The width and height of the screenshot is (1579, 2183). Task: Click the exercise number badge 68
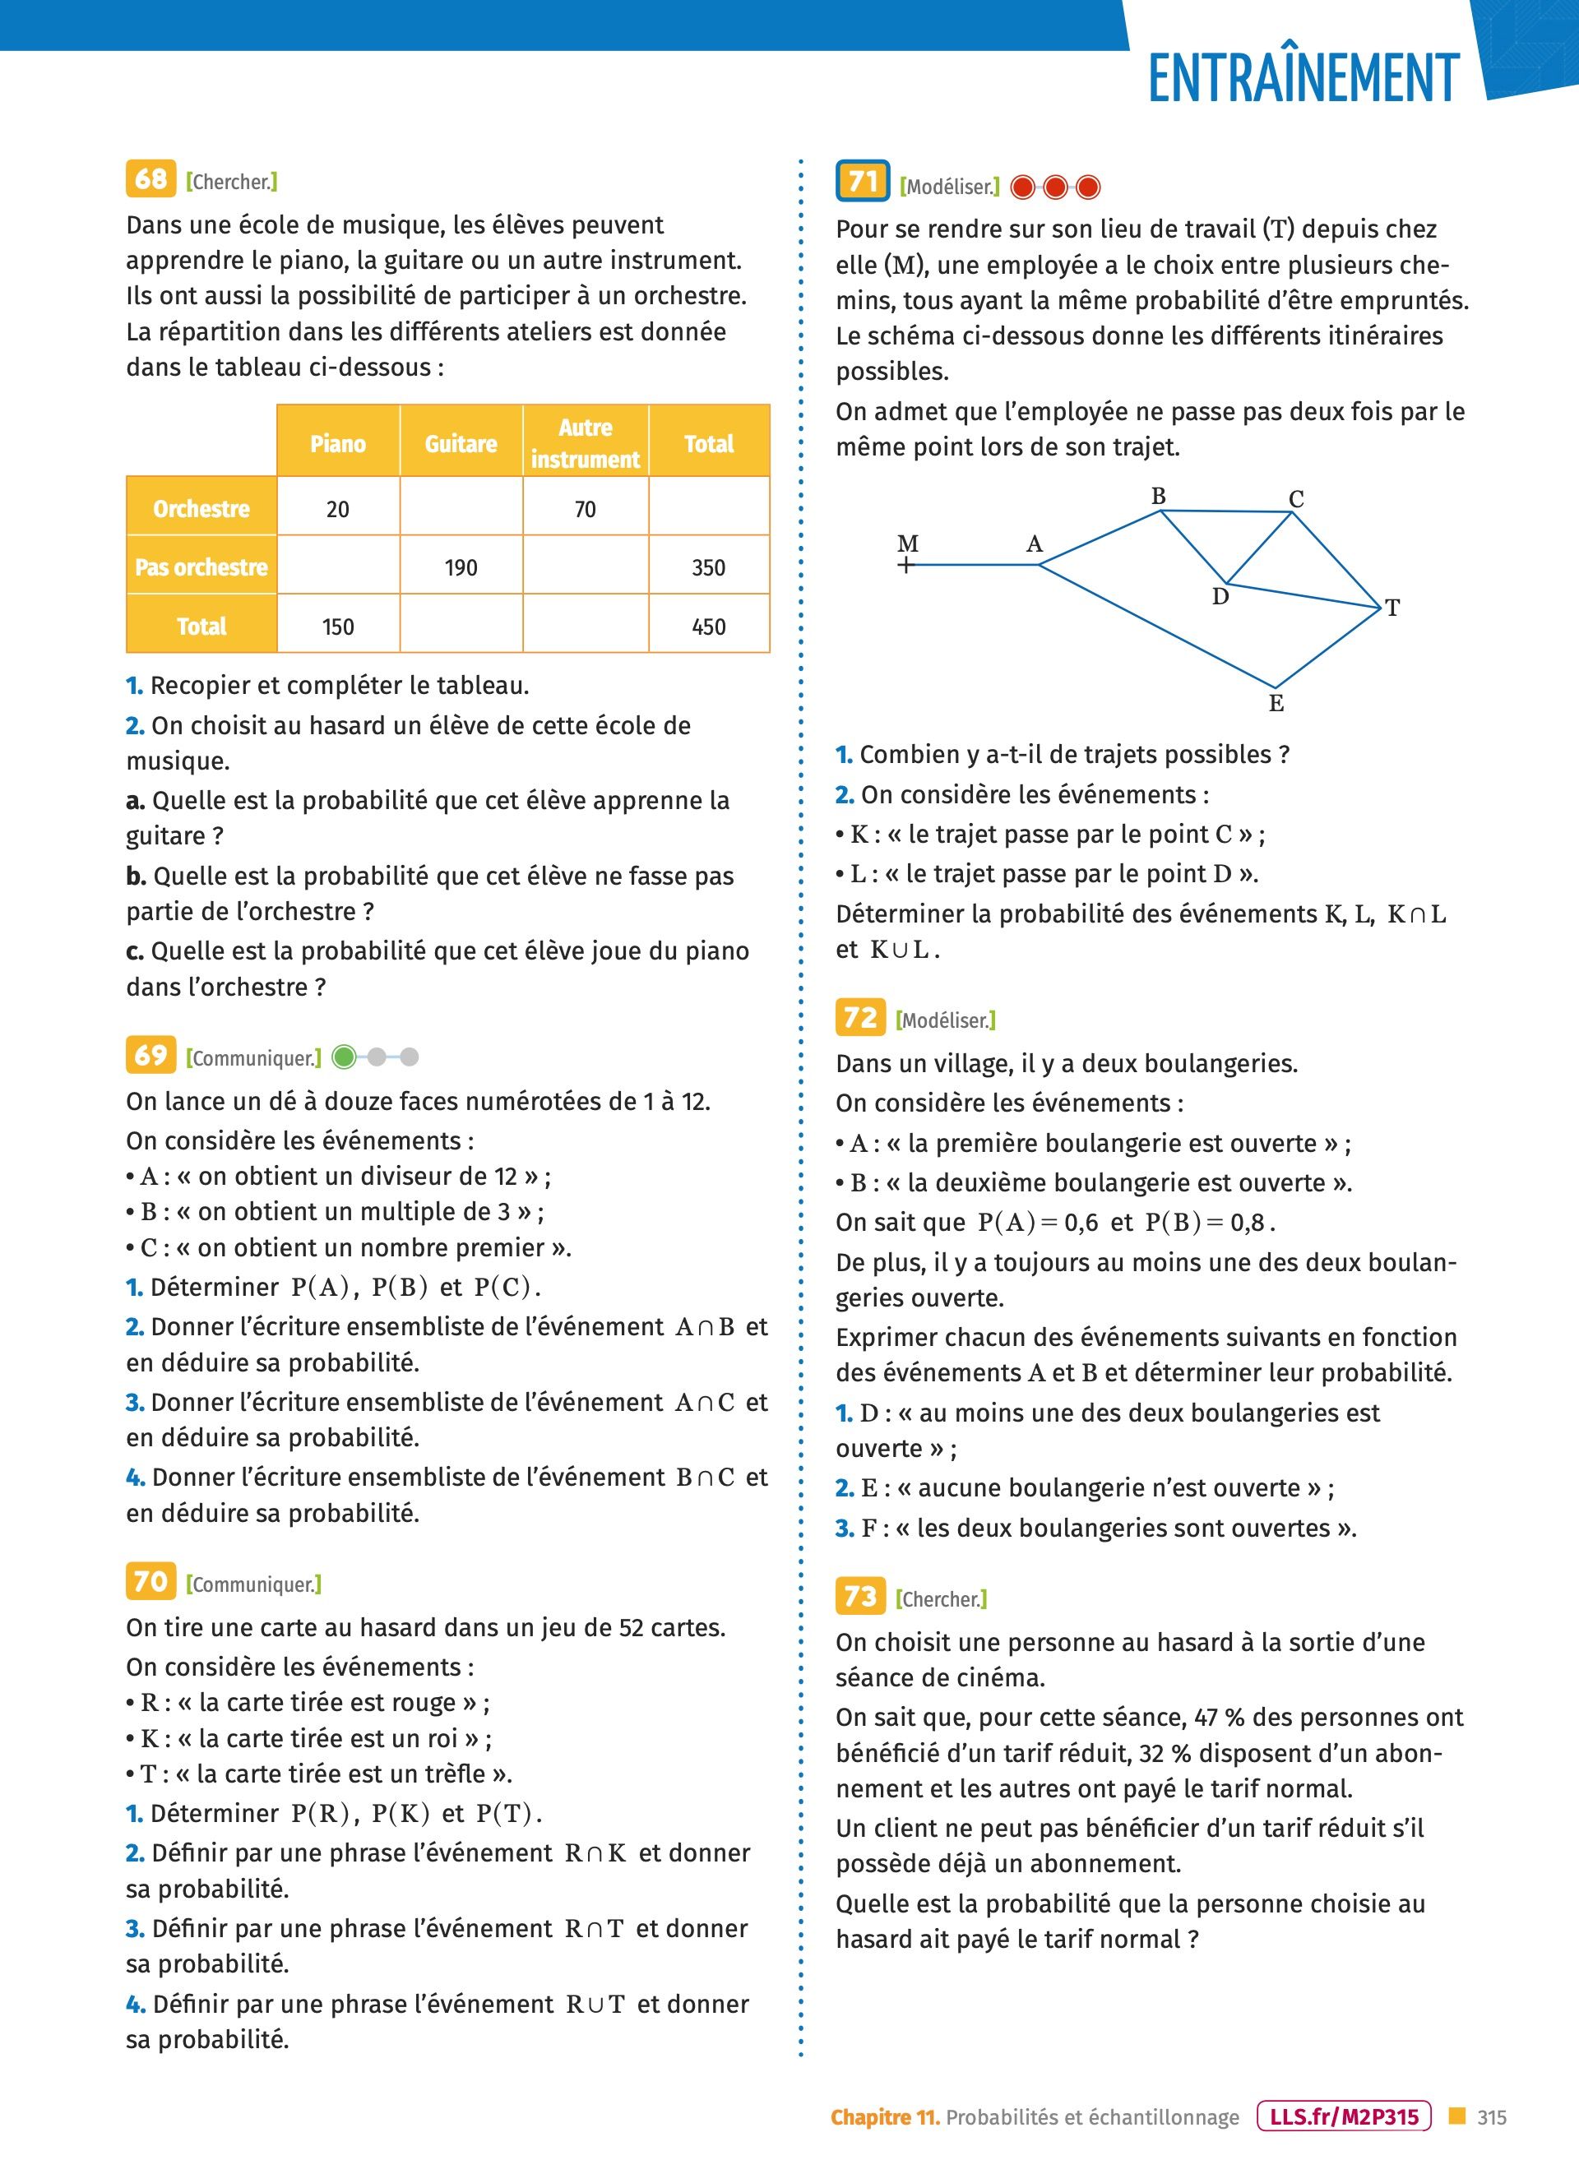click(x=151, y=179)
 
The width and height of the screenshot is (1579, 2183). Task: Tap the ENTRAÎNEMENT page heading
click(x=1303, y=78)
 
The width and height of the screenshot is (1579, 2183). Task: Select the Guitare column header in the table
click(x=461, y=444)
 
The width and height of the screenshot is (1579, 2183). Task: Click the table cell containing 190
click(x=461, y=568)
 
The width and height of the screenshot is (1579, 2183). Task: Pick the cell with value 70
click(x=586, y=509)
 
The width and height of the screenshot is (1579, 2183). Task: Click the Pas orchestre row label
click(x=201, y=567)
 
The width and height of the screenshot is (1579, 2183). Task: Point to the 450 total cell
click(x=709, y=627)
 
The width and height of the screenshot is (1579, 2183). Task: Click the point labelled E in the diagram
click(x=1276, y=704)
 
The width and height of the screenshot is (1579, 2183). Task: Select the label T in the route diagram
click(x=1392, y=608)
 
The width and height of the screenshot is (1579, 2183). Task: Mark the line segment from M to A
click(x=972, y=565)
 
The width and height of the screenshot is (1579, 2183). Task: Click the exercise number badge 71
click(x=863, y=181)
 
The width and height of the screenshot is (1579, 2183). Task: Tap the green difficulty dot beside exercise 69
click(x=344, y=1058)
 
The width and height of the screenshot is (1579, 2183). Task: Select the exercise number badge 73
click(x=859, y=1597)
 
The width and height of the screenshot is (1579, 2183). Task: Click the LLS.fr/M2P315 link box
click(x=1344, y=2116)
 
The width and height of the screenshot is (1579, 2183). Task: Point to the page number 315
click(x=1491, y=2117)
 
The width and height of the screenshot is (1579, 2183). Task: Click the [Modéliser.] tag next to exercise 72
click(x=946, y=1020)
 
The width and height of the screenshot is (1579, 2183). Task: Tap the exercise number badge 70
click(x=151, y=1581)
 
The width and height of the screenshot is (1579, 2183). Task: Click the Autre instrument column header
click(x=586, y=444)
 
